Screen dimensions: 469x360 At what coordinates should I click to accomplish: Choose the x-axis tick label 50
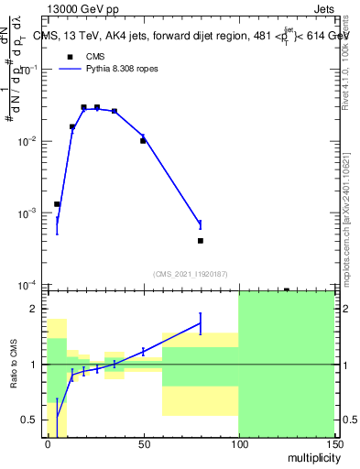pos(143,443)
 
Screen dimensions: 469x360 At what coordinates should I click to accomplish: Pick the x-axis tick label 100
pos(238,443)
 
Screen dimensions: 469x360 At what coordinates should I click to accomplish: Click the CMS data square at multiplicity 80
pos(201,241)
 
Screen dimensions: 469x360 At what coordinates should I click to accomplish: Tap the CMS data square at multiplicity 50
pos(144,141)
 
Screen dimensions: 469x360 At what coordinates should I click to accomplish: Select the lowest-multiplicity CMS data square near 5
pos(57,204)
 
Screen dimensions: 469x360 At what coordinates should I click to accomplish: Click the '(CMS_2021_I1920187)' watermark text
pos(190,273)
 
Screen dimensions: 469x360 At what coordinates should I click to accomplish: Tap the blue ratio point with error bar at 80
pos(201,322)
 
